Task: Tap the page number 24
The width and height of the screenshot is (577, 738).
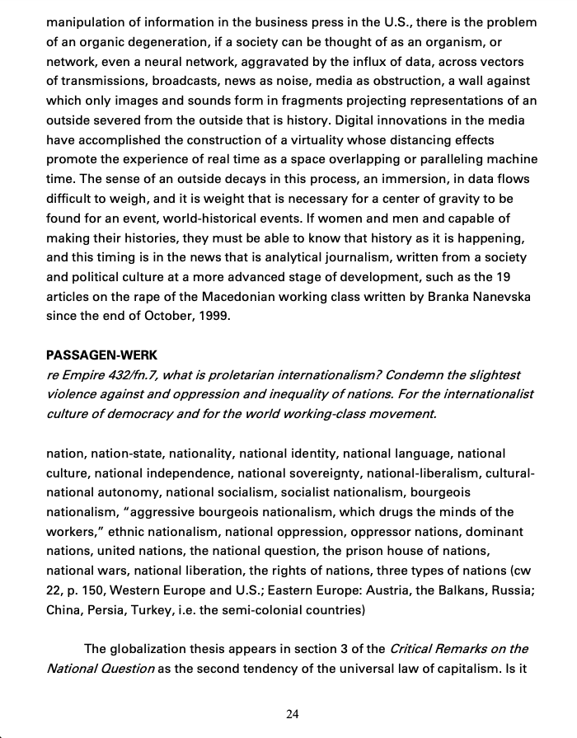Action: [x=293, y=714]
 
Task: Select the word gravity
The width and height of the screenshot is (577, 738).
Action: [x=456, y=200]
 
